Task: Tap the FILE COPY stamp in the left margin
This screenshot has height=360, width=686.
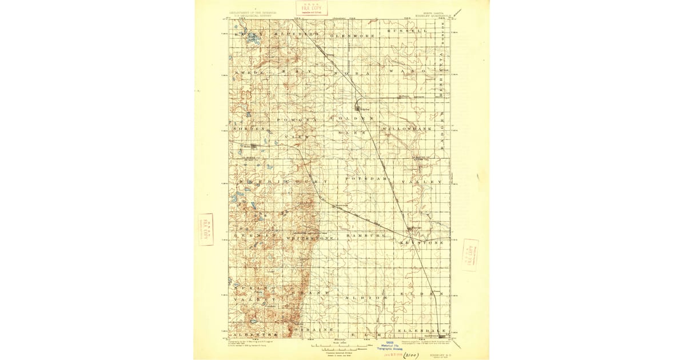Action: coord(206,229)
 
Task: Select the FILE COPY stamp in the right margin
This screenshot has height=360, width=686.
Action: coord(470,255)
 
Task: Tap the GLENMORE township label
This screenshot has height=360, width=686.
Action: coord(352,35)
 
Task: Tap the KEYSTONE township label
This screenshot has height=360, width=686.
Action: coord(425,243)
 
